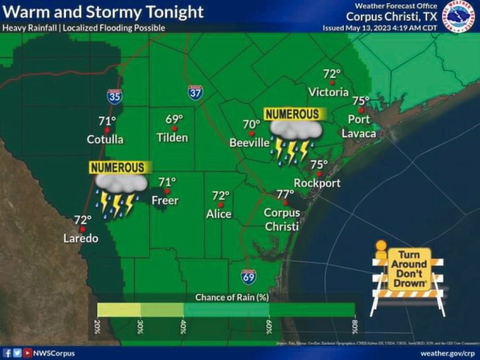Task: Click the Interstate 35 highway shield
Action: coord(115,96)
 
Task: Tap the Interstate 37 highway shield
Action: coord(196,93)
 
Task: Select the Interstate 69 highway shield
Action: coord(249,277)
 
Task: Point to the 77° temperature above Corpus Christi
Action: coord(285,194)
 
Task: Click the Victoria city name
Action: coord(328,92)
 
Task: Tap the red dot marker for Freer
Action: coord(167,190)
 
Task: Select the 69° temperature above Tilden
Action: coord(174,119)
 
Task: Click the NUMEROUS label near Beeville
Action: coord(292,114)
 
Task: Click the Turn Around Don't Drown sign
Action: coord(408,270)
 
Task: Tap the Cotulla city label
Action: coord(105,139)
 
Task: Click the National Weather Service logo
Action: coord(461,16)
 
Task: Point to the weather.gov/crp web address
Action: coord(447,353)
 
